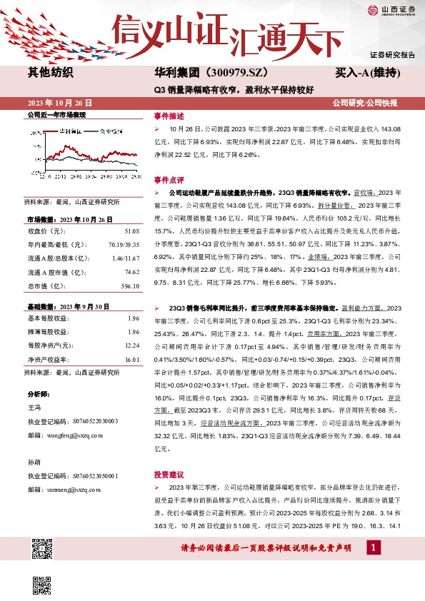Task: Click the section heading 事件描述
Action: pyautogui.click(x=169, y=116)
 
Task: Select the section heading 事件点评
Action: pyautogui.click(x=169, y=180)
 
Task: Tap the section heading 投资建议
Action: pyautogui.click(x=169, y=474)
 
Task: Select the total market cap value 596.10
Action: pyautogui.click(x=129, y=286)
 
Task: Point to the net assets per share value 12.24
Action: pyautogui.click(x=131, y=345)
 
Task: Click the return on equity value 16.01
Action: pyautogui.click(x=131, y=359)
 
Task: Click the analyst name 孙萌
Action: pyautogui.click(x=34, y=463)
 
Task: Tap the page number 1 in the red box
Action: pyautogui.click(x=374, y=547)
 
